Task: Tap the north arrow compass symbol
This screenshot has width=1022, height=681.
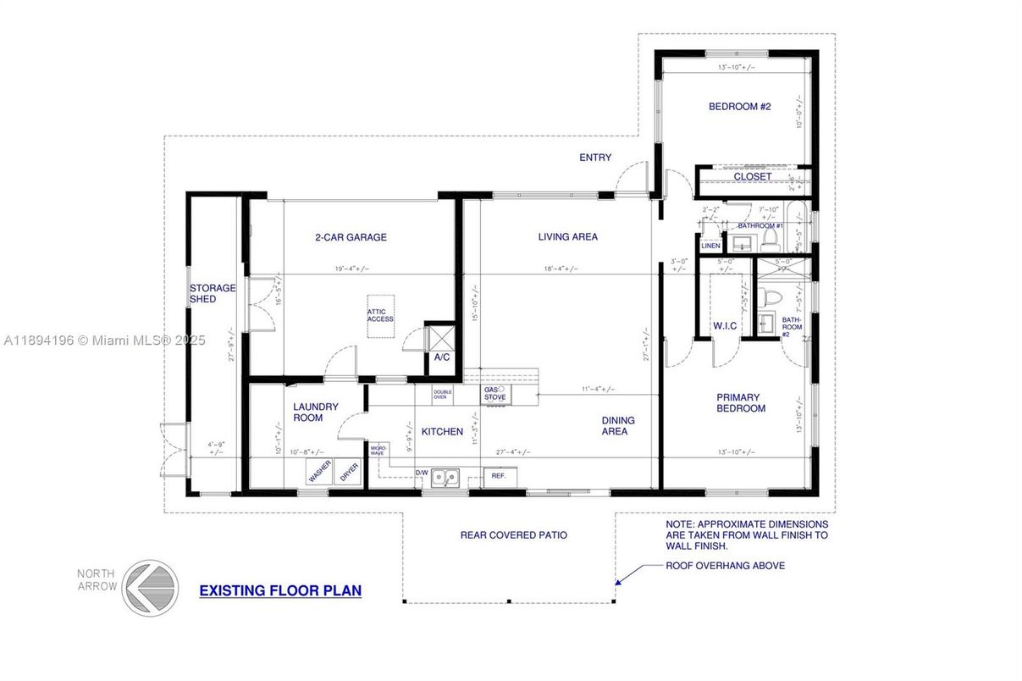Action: [150, 587]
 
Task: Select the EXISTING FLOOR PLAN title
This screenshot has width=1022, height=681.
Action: [280, 590]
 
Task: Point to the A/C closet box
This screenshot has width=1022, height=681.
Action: [440, 347]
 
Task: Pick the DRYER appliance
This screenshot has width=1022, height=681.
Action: [349, 473]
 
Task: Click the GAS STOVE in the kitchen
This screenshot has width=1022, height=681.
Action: [495, 395]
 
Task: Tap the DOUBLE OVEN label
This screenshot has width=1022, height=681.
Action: [443, 394]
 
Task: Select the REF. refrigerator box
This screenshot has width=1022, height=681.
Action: [499, 476]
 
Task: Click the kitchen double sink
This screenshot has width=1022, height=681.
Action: [445, 478]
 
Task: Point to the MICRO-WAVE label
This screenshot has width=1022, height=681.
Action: [378, 451]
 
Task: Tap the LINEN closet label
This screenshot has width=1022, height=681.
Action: [710, 246]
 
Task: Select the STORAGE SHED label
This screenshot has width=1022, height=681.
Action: [213, 294]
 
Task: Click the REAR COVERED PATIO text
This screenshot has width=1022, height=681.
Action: [513, 535]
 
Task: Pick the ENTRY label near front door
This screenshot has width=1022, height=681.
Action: [594, 158]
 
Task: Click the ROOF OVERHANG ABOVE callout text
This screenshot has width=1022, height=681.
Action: [725, 566]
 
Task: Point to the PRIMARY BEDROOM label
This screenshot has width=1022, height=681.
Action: [741, 403]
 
